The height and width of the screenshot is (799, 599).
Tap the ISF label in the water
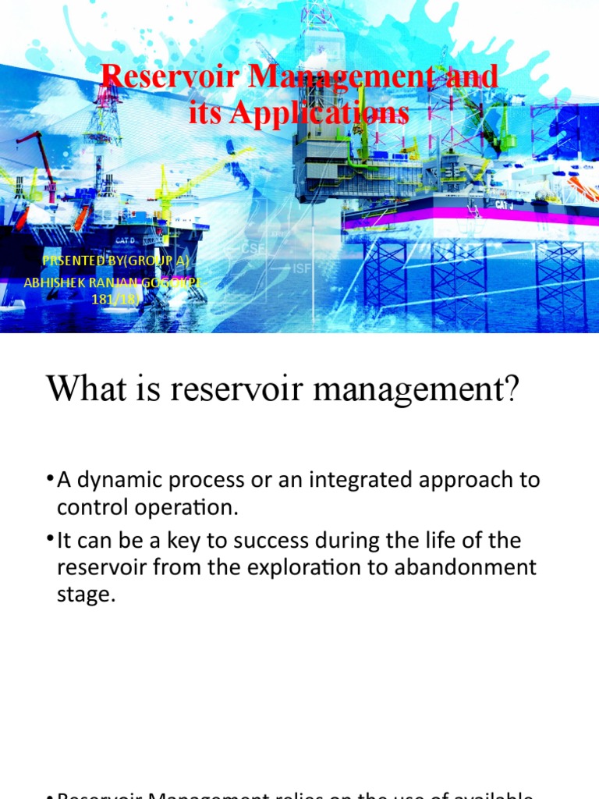pos(303,269)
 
